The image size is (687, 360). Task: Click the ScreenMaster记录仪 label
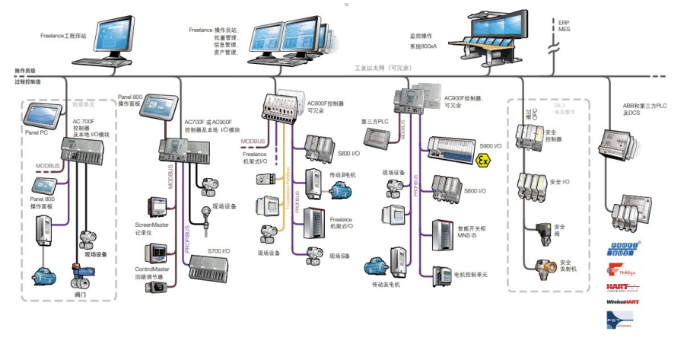point(149,229)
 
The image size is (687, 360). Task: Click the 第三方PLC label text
point(374,120)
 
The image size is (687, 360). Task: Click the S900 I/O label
point(491,144)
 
